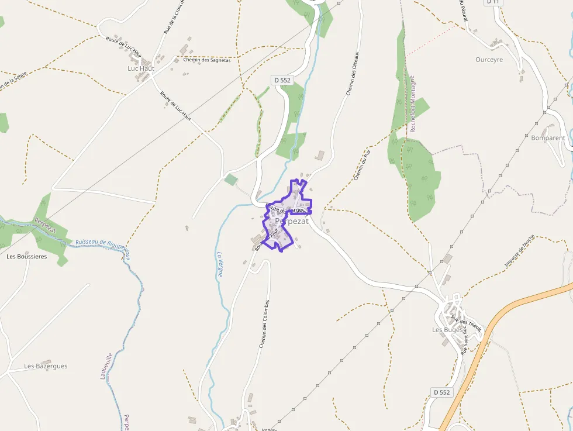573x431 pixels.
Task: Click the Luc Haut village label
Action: pyautogui.click(x=140, y=68)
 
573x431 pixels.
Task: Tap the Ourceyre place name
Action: pyautogui.click(x=489, y=60)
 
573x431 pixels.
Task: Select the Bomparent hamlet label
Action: pyautogui.click(x=548, y=138)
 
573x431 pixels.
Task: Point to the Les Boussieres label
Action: pyautogui.click(x=26, y=256)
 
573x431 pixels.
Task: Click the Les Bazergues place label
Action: pyautogui.click(x=46, y=366)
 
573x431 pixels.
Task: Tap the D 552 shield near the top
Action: pyautogui.click(x=282, y=80)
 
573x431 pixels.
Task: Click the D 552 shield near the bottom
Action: pyautogui.click(x=442, y=392)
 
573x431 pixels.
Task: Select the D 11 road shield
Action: pyautogui.click(x=493, y=2)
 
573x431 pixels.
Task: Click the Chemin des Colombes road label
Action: pyautogui.click(x=265, y=324)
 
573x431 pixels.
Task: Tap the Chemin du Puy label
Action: pyautogui.click(x=363, y=164)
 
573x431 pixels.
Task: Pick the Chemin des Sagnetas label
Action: pyautogui.click(x=207, y=60)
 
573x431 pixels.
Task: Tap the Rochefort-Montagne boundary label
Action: pyautogui.click(x=412, y=104)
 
